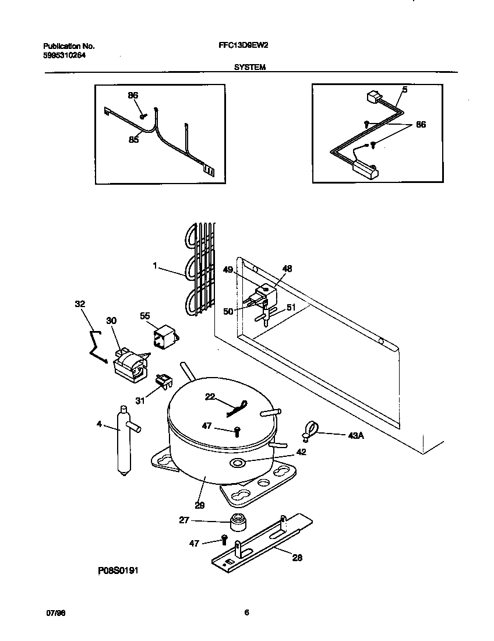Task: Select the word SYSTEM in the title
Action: tap(250, 67)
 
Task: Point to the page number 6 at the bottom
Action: tap(246, 612)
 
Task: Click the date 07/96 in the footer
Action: tap(55, 613)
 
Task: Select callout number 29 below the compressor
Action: tap(199, 506)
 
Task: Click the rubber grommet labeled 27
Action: tap(236, 523)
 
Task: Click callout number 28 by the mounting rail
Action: tap(297, 558)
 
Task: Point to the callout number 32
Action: tap(80, 304)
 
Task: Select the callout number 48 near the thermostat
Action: tap(287, 269)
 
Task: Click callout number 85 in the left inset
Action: tap(133, 140)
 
